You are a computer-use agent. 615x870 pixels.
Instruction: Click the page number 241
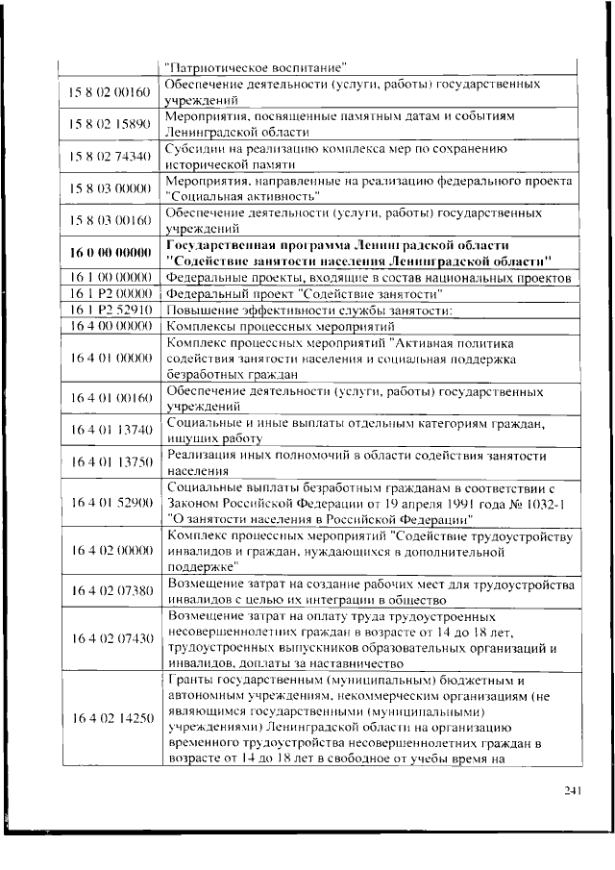[x=574, y=790]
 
